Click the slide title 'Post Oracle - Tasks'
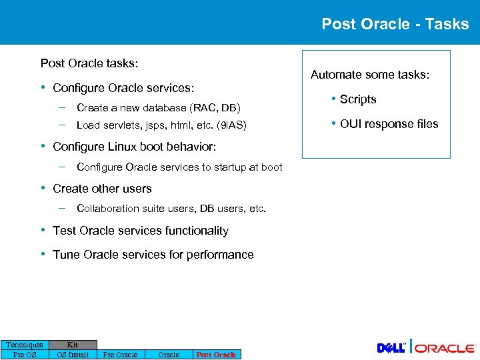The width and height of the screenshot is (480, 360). pos(395,24)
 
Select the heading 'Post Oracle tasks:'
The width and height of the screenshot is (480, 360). pos(89,63)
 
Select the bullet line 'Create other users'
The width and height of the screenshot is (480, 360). pos(102,189)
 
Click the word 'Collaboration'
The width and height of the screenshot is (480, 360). pos(107,209)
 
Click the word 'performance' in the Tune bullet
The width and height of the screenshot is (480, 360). pos(221,255)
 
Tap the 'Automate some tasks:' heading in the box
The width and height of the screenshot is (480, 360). pos(370,75)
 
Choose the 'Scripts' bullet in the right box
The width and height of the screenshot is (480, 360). pos(358,99)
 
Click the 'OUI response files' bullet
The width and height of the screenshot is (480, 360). pos(389,124)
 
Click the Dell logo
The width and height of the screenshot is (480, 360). pos(392,348)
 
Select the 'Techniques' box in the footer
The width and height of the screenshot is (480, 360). pos(25,345)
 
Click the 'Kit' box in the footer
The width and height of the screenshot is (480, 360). pos(73,345)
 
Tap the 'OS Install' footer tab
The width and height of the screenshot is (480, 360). pos(73,355)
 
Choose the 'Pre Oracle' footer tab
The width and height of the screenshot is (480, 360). pos(120,355)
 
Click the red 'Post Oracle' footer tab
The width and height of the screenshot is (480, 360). pos(216,355)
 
